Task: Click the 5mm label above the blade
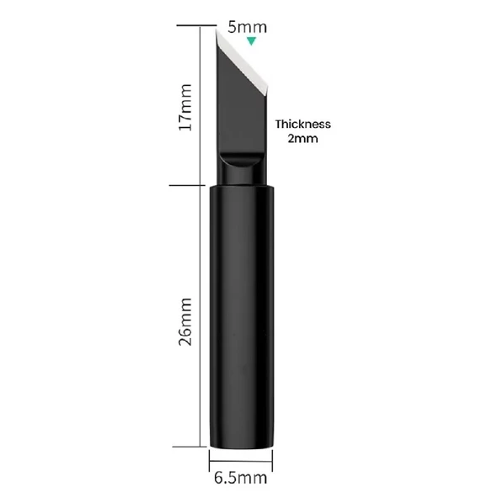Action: (247, 27)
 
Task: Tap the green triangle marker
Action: (251, 40)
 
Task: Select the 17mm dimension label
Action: (185, 108)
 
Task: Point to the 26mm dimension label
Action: (185, 321)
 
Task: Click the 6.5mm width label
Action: (240, 478)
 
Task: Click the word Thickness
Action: (302, 124)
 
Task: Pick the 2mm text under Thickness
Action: (302, 139)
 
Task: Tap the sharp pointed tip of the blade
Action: (217, 29)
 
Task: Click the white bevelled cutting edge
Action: (242, 62)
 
